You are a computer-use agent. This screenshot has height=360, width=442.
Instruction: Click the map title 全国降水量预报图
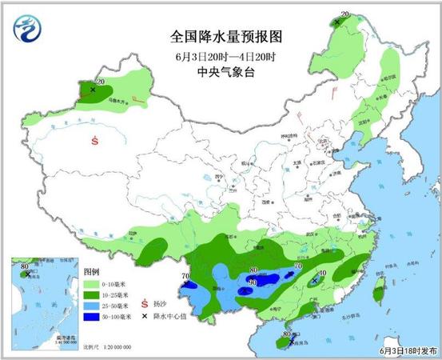[228, 37]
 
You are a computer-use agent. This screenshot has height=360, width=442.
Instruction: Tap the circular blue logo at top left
[26, 30]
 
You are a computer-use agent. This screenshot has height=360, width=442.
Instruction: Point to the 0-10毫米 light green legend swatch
[92, 284]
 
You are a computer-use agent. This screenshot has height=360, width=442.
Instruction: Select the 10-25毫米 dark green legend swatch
[92, 295]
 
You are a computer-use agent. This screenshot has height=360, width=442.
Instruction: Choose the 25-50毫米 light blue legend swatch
[92, 306]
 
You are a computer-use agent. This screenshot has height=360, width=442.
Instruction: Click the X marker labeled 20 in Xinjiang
[93, 90]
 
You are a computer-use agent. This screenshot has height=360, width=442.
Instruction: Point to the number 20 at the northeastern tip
[345, 14]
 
